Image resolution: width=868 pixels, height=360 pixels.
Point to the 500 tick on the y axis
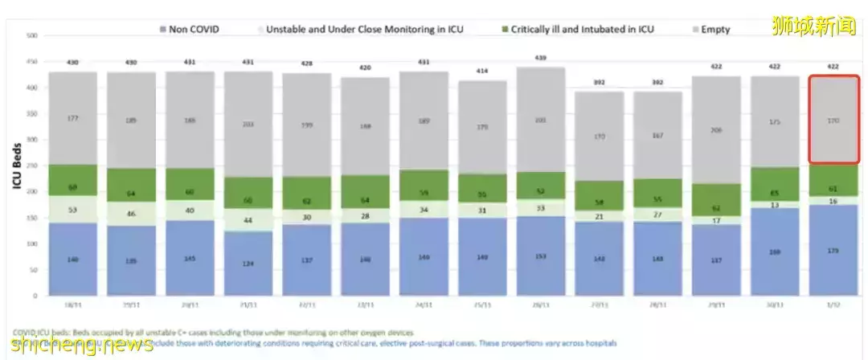click(32, 36)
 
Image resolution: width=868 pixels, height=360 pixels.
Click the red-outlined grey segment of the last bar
click(835, 120)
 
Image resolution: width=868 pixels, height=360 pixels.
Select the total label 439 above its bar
click(540, 57)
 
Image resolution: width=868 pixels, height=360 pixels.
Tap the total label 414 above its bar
click(482, 71)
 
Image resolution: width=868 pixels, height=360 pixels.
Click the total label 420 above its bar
click(366, 67)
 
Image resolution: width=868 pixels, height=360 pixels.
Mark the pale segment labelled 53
click(72, 209)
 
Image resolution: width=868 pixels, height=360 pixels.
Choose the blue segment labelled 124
click(248, 264)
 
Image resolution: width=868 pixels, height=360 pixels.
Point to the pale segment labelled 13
click(775, 205)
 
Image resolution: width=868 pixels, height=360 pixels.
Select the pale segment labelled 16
click(835, 201)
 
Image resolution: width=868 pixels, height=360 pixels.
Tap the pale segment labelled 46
click(131, 213)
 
